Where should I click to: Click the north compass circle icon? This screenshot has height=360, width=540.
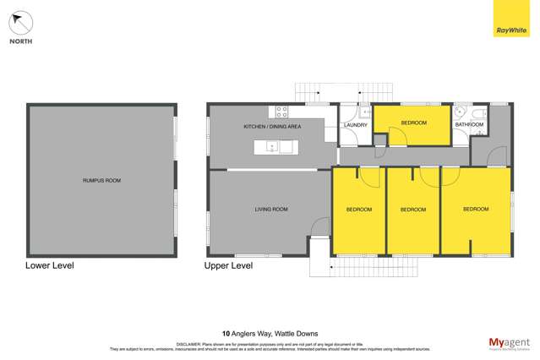coord(20,23)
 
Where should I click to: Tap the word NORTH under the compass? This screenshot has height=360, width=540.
coord(20,41)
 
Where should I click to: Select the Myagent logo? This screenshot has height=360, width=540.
coord(510,342)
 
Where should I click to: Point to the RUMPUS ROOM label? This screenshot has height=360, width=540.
coord(101,180)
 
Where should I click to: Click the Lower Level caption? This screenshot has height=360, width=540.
coord(50,265)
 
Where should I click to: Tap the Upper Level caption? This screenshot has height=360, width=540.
coord(228,265)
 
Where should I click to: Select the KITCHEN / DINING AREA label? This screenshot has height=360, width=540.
coord(272,127)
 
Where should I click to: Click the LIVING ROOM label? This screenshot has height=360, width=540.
coord(271,209)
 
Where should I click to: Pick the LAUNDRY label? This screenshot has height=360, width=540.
coord(356,125)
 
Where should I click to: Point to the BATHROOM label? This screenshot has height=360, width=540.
coord(469,125)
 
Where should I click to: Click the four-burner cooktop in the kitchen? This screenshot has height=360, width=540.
coord(281,111)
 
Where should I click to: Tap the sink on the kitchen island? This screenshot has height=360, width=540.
coord(273,146)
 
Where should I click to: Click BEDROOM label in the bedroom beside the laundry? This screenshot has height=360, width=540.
coord(413,123)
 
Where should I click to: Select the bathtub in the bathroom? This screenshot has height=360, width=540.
coord(478,112)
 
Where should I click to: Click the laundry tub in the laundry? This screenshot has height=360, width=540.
coord(366,111)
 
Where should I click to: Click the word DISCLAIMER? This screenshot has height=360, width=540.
coord(188,345)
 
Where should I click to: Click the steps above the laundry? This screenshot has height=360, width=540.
coord(344,90)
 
